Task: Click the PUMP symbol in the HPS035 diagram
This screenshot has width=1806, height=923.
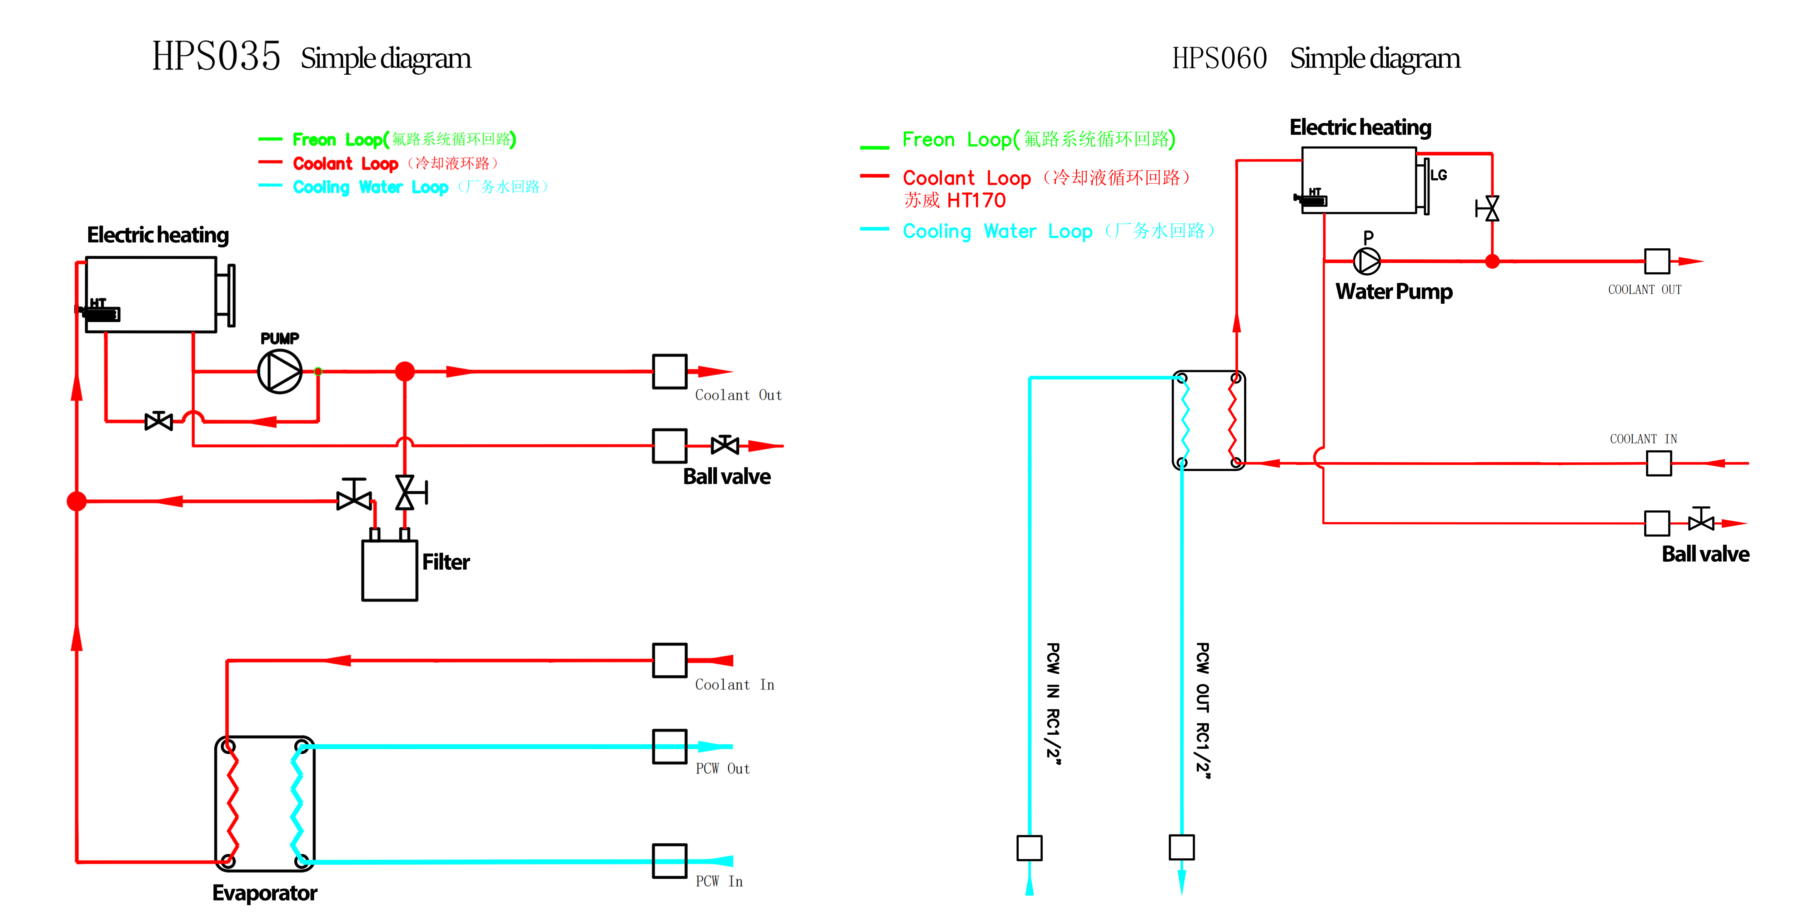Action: click(x=280, y=372)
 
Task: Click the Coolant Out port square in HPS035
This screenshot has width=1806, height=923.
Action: click(x=669, y=372)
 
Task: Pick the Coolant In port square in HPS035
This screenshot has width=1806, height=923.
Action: click(x=669, y=661)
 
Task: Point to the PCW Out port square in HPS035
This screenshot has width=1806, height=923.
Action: click(x=669, y=746)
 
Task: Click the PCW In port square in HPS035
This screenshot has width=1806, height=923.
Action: click(x=669, y=861)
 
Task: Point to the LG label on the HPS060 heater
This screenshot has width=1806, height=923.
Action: click(x=1439, y=175)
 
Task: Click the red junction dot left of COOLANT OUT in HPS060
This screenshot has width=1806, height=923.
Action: click(x=1493, y=262)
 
